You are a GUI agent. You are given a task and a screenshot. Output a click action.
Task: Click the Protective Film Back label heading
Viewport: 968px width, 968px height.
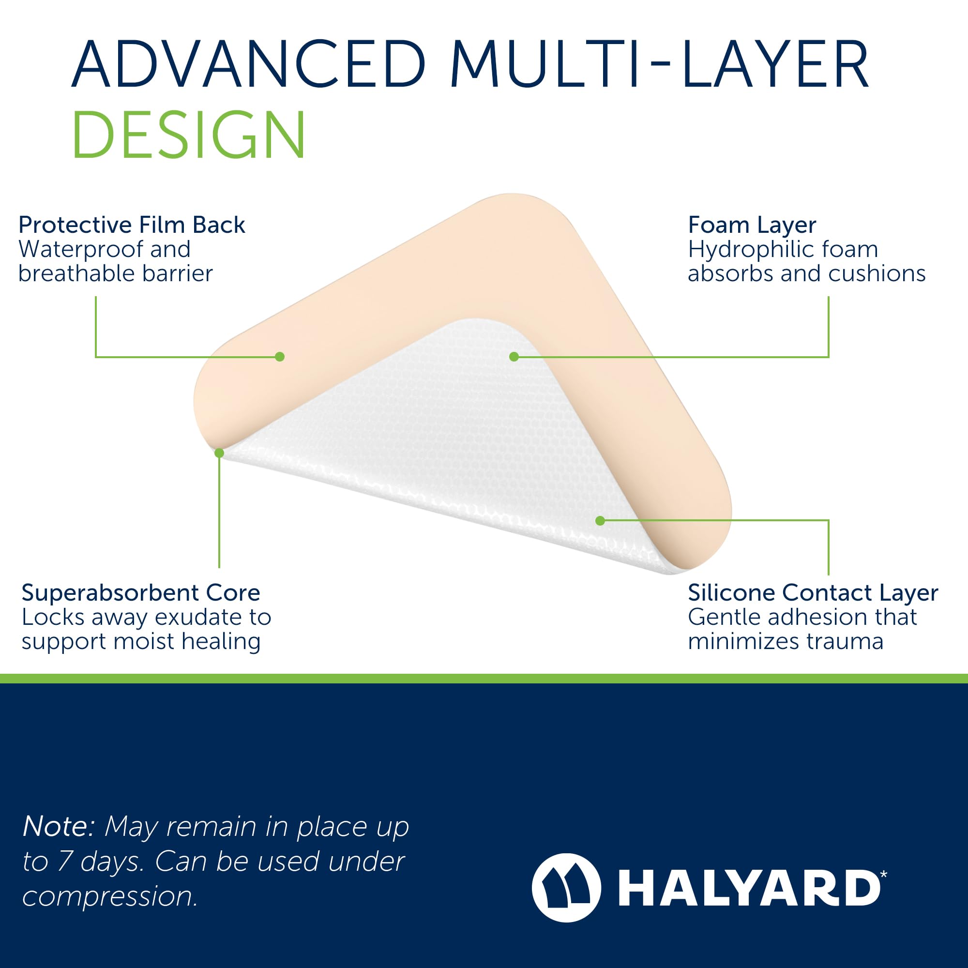[132, 225]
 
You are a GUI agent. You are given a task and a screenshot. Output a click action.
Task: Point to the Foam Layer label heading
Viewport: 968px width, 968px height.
[752, 225]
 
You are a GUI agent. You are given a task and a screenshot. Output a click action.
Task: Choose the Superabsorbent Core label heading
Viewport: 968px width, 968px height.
[141, 593]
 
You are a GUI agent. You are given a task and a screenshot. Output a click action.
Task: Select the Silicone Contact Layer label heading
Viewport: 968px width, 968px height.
[813, 593]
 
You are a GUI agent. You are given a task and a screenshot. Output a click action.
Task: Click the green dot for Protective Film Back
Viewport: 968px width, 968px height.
[280, 357]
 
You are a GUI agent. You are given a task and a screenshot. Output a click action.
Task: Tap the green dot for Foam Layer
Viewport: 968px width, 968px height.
[514, 357]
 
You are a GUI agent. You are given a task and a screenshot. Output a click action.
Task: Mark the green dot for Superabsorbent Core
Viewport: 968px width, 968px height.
[219, 453]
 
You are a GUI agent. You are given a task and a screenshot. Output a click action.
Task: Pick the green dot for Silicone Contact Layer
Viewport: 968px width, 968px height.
[600, 521]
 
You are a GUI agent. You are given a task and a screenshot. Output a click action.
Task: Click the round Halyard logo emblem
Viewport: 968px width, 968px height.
[566, 888]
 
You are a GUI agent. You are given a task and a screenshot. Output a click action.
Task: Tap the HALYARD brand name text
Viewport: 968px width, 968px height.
[750, 888]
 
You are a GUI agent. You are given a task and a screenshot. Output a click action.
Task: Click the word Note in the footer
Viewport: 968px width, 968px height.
[58, 826]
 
